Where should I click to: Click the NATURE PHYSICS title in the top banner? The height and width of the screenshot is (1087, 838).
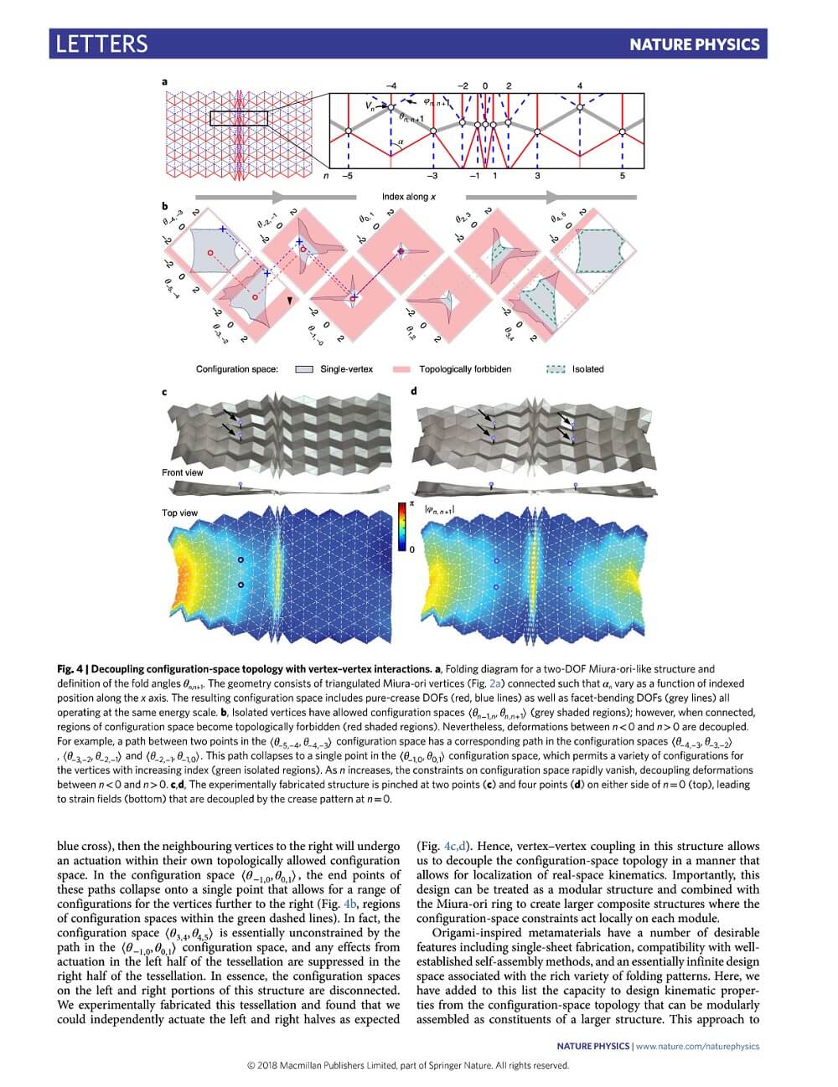695,44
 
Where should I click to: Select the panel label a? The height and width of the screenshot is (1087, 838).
164,81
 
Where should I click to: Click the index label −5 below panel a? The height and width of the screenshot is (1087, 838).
348,176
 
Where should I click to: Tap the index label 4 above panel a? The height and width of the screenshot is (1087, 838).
580,85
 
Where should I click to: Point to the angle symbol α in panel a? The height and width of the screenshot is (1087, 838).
401,143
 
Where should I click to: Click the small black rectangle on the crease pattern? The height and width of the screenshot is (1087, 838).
238,118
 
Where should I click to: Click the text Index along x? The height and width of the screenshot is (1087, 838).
409,197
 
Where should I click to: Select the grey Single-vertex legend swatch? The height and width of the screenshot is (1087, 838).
305,368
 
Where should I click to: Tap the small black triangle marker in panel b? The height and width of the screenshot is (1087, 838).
291,299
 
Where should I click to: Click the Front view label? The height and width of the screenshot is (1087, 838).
182,472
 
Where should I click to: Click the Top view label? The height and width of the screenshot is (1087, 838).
179,513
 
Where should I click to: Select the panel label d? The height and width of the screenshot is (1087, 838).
413,391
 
